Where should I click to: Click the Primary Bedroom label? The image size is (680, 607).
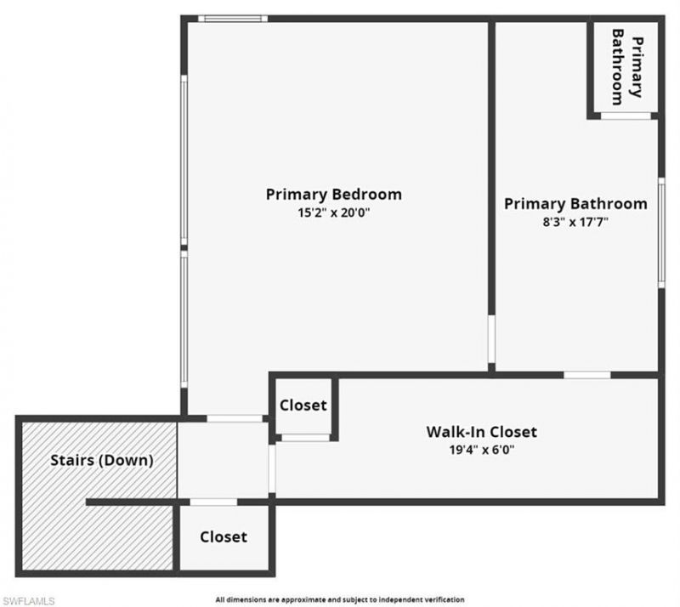tap(333, 194)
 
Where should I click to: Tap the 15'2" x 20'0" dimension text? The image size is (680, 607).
tap(333, 214)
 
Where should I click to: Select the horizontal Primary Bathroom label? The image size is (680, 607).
tap(575, 204)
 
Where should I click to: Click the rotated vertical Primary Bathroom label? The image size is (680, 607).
tap(627, 65)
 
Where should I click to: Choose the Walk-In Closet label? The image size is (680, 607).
tap(481, 432)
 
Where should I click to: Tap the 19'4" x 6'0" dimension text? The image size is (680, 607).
tap(481, 451)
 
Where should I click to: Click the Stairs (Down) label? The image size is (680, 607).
tap(101, 461)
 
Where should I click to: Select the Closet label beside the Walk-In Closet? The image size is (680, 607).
tap(303, 406)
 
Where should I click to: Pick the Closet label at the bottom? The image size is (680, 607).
tap(224, 537)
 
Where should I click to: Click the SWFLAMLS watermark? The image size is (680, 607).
tap(28, 600)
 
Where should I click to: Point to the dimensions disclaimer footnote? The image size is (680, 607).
tap(340, 599)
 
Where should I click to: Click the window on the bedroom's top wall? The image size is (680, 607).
tap(233, 19)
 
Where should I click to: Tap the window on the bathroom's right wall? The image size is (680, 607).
tap(660, 231)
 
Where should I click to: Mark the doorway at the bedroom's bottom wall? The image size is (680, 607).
tap(235, 417)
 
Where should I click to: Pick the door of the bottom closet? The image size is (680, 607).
tap(213, 502)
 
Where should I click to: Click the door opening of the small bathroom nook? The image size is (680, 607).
tap(626, 115)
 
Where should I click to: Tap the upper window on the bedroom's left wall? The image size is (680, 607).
tap(183, 162)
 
